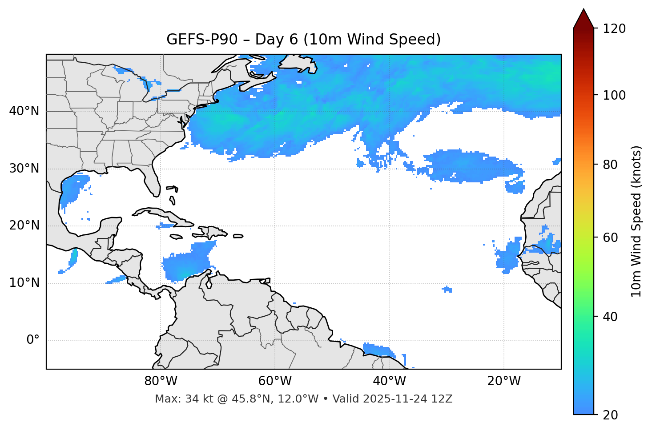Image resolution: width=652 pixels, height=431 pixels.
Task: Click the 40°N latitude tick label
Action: (24, 111)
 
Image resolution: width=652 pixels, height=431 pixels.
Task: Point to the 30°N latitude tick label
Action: (24, 169)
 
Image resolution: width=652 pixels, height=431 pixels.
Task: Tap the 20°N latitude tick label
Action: (24, 226)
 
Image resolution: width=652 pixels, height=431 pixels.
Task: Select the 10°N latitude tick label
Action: (24, 283)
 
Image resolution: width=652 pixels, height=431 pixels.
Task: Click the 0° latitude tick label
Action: (33, 340)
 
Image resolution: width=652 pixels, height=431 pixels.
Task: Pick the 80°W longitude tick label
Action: (161, 381)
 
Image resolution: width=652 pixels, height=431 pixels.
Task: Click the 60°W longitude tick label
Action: (275, 381)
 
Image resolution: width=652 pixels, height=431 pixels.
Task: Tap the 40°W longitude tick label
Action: (389, 381)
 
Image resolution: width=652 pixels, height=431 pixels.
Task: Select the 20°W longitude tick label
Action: (503, 381)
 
